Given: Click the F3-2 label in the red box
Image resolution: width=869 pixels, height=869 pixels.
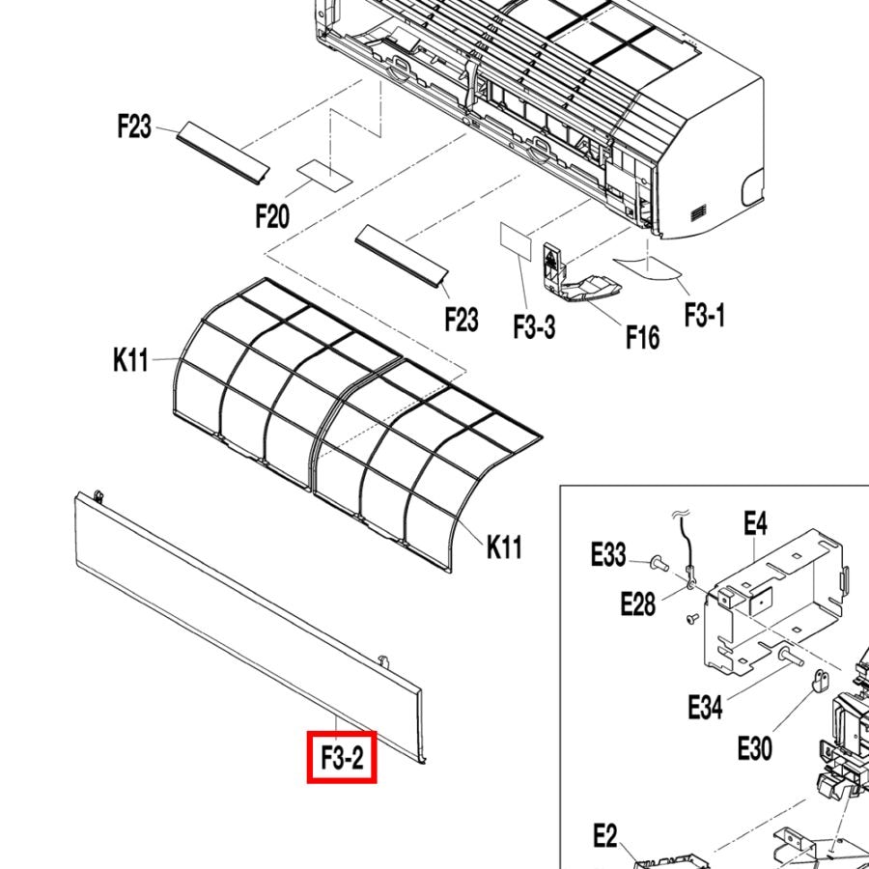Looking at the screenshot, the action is tap(343, 758).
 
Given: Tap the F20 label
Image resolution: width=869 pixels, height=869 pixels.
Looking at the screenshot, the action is tap(272, 216).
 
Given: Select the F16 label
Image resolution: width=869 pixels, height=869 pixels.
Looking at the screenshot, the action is tap(643, 337).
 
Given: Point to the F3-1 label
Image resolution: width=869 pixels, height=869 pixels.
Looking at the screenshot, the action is tap(705, 315).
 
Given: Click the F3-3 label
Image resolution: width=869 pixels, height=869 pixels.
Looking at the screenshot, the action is tap(534, 326).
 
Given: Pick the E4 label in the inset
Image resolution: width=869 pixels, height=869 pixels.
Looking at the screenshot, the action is tap(755, 522).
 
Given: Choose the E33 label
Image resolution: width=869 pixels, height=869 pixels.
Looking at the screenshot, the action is tap(608, 554).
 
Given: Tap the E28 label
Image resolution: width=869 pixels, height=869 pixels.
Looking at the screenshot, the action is tap(638, 603).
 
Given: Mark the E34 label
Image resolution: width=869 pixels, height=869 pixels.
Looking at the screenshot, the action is tap(705, 708).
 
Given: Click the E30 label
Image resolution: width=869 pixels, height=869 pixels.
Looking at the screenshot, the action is tap(755, 748).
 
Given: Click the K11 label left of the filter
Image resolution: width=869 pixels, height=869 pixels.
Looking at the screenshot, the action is tap(130, 360).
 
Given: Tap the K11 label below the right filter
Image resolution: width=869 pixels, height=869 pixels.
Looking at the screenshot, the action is tap(504, 547).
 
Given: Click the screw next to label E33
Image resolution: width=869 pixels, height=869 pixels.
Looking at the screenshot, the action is tap(659, 564).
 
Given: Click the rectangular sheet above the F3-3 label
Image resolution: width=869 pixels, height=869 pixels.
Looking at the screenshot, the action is tap(516, 239).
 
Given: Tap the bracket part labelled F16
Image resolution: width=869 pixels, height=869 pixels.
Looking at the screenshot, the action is tap(576, 276).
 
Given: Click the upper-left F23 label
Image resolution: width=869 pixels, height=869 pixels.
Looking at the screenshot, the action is tap(134, 126).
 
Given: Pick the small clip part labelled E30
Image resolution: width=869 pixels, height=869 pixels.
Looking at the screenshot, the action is tap(820, 681).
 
